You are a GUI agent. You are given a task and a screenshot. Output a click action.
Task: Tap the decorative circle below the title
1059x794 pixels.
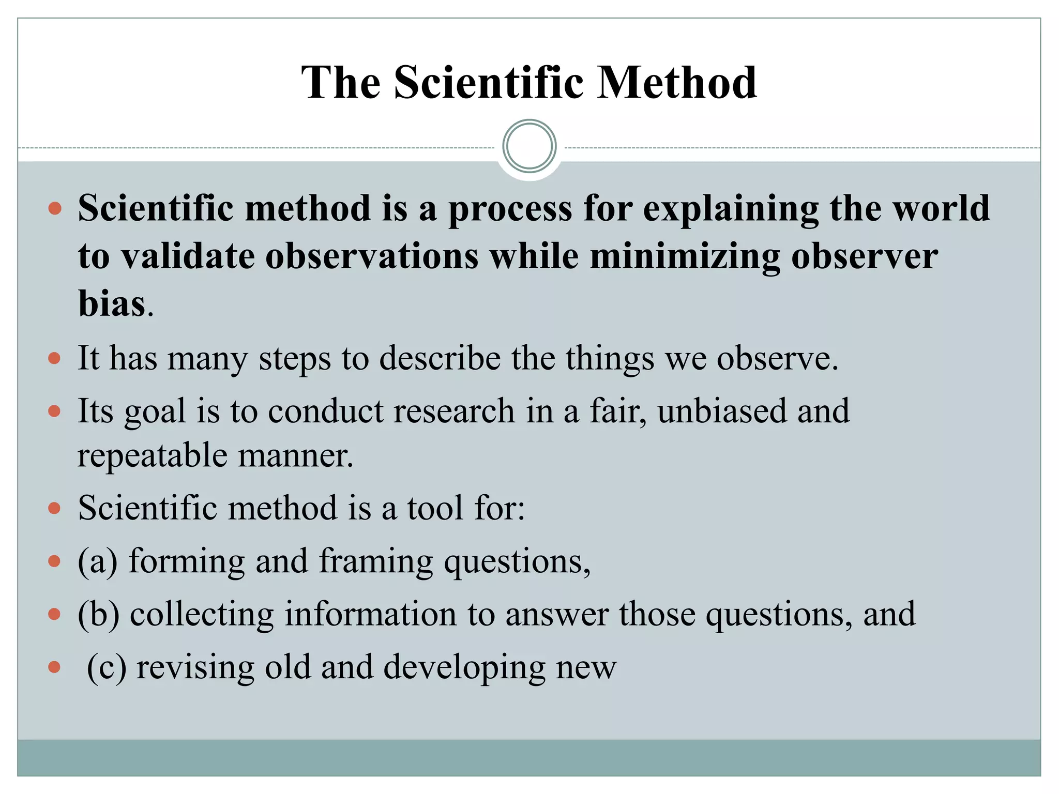pyautogui.click(x=529, y=146)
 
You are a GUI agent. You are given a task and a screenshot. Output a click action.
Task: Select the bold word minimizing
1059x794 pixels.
pyautogui.click(x=685, y=257)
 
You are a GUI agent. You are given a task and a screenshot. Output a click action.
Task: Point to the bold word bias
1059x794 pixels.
pyautogui.click(x=112, y=303)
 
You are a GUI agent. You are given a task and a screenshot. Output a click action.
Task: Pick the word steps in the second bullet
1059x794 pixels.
pyautogui.click(x=294, y=358)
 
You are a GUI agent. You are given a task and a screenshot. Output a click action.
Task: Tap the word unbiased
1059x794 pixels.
pyautogui.click(x=721, y=411)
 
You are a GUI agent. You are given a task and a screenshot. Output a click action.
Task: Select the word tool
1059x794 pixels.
pyautogui.click(x=435, y=508)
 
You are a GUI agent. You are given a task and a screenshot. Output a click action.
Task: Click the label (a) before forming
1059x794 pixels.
pyautogui.click(x=98, y=561)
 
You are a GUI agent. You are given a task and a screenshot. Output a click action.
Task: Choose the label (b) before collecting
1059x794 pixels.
pyautogui.click(x=98, y=615)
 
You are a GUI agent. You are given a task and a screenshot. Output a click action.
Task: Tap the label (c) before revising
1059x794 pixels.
pyautogui.click(x=107, y=667)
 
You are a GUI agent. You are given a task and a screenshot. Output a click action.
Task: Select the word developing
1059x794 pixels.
pyautogui.click(x=464, y=668)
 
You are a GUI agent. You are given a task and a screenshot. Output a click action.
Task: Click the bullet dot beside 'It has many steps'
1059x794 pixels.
pyautogui.click(x=54, y=358)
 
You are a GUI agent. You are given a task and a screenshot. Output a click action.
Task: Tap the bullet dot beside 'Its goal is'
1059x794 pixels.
pyautogui.click(x=54, y=411)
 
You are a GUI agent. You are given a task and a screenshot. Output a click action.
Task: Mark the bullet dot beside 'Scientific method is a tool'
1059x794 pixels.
pyautogui.click(x=54, y=508)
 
